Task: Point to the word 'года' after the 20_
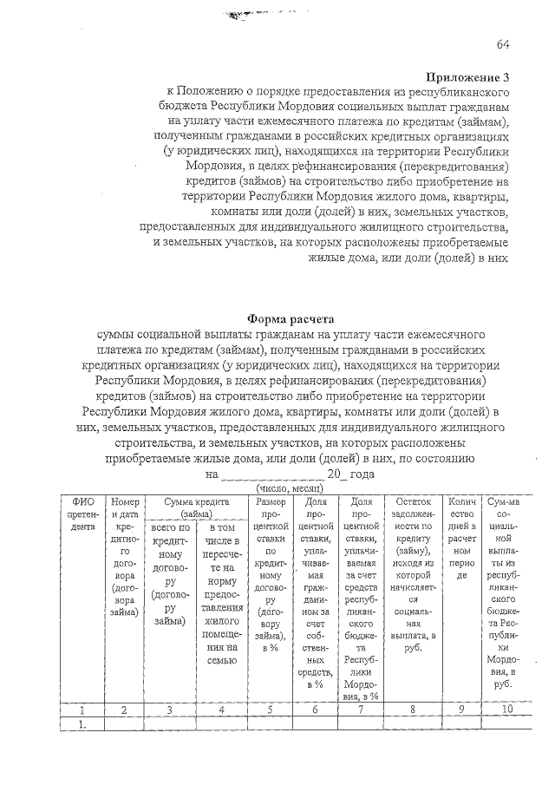pos(362,474)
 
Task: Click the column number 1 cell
pos(83,710)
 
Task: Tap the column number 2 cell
pos(124,710)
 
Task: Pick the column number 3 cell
pos(169,710)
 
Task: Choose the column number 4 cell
pos(221,710)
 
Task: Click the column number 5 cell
pos(270,710)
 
